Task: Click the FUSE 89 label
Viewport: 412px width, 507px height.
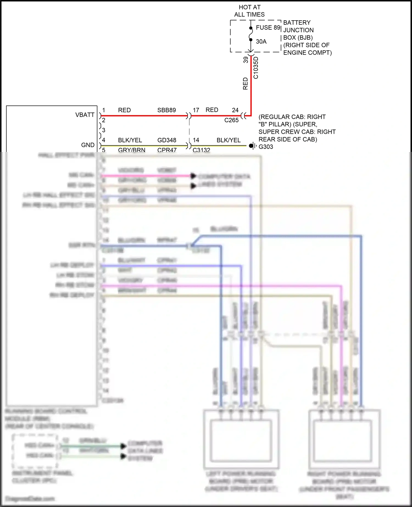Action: point(268,27)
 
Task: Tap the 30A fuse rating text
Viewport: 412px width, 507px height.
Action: point(261,41)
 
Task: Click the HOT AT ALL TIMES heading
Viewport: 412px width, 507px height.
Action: point(249,11)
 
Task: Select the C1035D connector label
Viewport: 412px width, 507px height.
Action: point(256,68)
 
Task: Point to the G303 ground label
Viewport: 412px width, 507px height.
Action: point(266,147)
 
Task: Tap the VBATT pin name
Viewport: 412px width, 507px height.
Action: point(85,115)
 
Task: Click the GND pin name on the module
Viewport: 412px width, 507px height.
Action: point(88,145)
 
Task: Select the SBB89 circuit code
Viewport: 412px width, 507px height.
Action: point(166,110)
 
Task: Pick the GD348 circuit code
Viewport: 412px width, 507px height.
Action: point(167,140)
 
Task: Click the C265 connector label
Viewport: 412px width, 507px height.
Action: point(231,120)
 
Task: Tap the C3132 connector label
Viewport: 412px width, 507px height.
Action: point(201,150)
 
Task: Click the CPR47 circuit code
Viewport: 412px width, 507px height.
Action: point(167,150)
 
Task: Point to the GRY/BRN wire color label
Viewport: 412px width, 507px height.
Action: point(132,150)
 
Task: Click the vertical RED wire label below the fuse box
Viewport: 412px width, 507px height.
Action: point(245,83)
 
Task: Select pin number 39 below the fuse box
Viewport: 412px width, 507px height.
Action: point(246,60)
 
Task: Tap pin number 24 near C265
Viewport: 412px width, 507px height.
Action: point(235,110)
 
